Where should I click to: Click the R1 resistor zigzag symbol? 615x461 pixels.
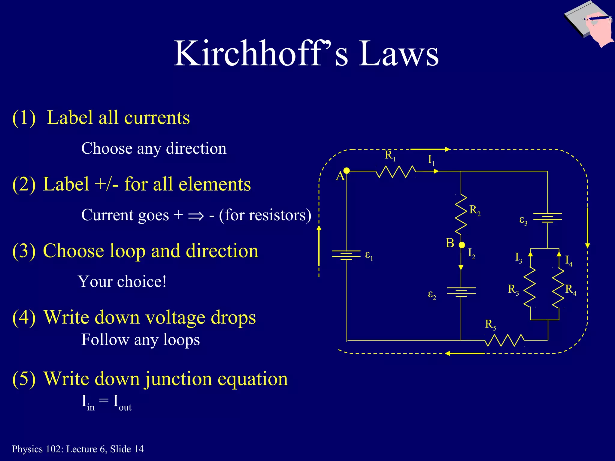click(x=396, y=172)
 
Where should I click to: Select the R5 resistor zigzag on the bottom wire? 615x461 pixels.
click(x=504, y=340)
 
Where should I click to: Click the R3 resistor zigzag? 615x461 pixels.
click(x=530, y=287)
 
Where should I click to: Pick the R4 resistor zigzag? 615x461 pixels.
click(x=559, y=287)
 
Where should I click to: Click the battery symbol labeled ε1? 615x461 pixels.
click(x=346, y=255)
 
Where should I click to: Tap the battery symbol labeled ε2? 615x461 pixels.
click(x=461, y=292)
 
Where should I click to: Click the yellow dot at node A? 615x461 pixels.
click(x=347, y=171)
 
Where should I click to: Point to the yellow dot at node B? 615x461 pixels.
click(x=462, y=245)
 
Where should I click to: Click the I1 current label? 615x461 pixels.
click(x=431, y=160)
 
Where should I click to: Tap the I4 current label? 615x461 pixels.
click(x=568, y=260)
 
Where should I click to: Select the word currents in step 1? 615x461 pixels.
click(x=157, y=118)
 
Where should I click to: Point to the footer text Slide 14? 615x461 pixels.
click(x=127, y=449)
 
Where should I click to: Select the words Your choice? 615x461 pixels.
click(x=122, y=282)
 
